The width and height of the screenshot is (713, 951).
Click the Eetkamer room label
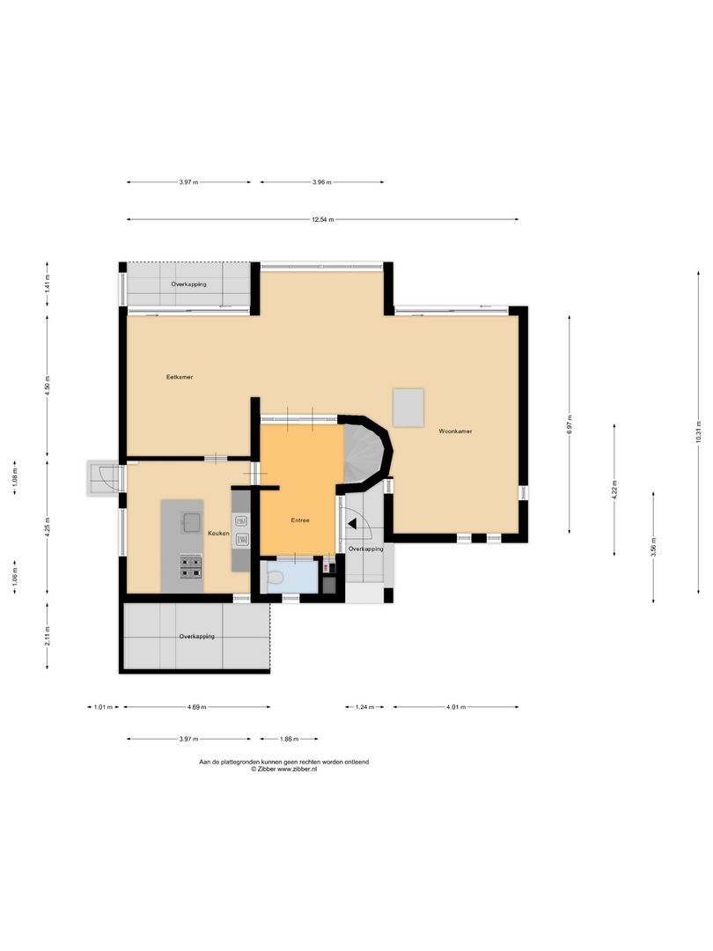pos(180,377)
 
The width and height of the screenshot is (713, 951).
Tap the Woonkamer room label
pos(455,431)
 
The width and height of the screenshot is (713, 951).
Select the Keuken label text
pos(218,533)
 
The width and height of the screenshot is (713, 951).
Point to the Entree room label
pos(300,520)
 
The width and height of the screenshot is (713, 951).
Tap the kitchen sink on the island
pos(192,521)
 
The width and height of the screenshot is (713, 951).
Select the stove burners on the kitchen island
pos(191,566)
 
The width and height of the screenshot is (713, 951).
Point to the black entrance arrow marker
pos(351,524)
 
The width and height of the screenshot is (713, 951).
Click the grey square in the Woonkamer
pos(408,408)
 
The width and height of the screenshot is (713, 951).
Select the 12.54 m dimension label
pos(322,219)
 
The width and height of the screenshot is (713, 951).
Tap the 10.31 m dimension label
pos(698,431)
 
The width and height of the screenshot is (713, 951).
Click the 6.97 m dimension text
pos(570,424)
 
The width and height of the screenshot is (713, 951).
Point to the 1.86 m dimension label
pos(290,740)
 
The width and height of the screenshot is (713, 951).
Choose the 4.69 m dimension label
pos(196,707)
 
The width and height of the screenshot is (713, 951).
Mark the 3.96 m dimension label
pos(322,182)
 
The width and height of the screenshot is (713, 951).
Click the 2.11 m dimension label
pos(48,637)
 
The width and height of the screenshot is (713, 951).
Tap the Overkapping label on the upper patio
pos(188,284)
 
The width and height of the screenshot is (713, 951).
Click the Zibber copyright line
pos(283,769)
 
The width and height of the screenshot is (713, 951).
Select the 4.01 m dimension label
pos(456,707)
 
